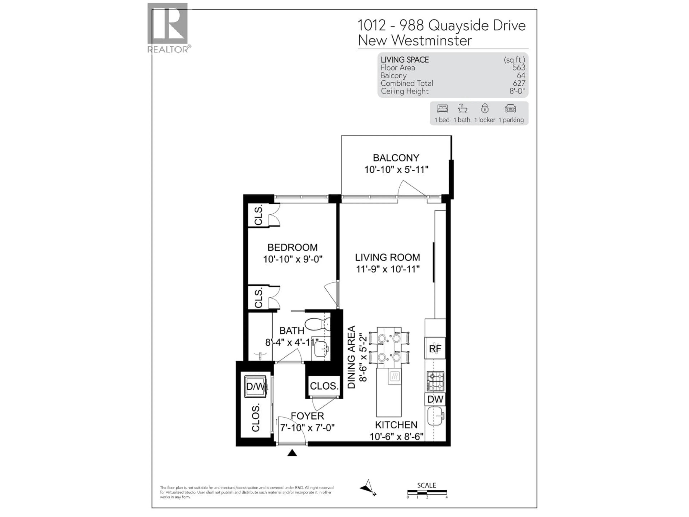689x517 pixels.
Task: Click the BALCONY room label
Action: (396, 158)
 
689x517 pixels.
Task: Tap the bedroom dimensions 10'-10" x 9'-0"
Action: (292, 259)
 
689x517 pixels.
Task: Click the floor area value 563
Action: (519, 68)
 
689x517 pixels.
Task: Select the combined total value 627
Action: (519, 83)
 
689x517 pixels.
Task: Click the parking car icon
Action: (510, 109)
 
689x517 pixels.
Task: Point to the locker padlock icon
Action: (485, 108)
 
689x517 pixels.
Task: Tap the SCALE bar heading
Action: (426, 485)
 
